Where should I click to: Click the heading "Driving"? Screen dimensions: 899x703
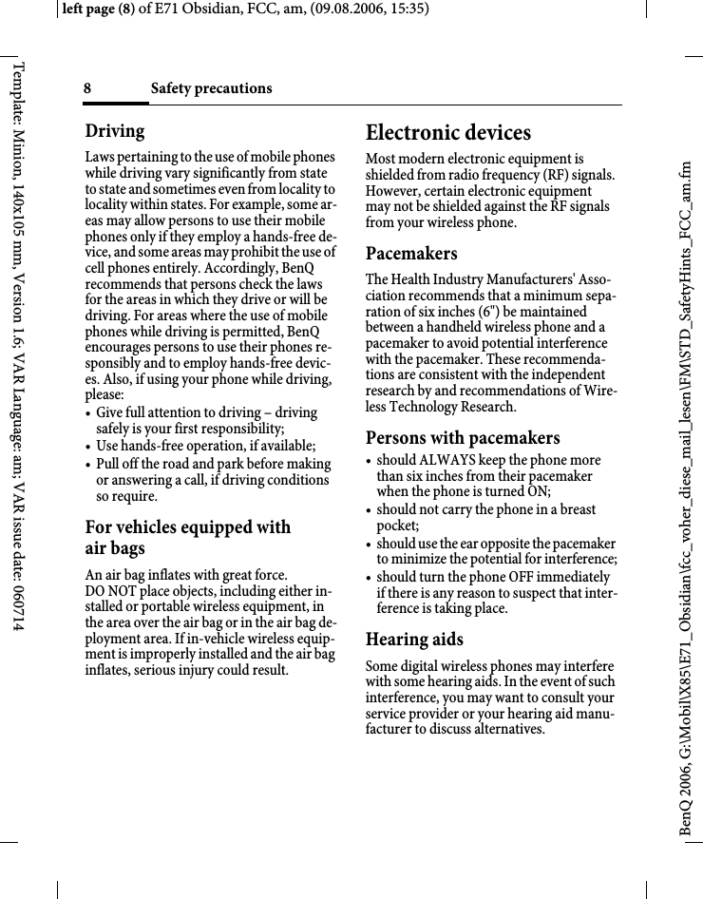click(x=115, y=131)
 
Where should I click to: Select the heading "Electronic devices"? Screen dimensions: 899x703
click(x=448, y=132)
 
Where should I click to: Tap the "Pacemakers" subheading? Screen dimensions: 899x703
click(x=411, y=254)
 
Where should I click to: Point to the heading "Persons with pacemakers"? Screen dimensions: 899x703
click(x=463, y=438)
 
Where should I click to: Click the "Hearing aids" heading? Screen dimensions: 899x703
click(x=414, y=640)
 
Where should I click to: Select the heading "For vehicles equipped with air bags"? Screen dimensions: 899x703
click(x=187, y=538)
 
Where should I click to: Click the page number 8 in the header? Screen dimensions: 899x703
click(x=87, y=88)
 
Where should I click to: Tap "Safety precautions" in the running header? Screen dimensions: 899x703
click(x=211, y=88)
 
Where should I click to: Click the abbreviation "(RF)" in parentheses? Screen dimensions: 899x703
click(x=557, y=176)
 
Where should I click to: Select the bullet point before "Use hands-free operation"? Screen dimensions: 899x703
click(x=88, y=447)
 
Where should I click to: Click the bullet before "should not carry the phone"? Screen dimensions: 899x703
click(x=370, y=510)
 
